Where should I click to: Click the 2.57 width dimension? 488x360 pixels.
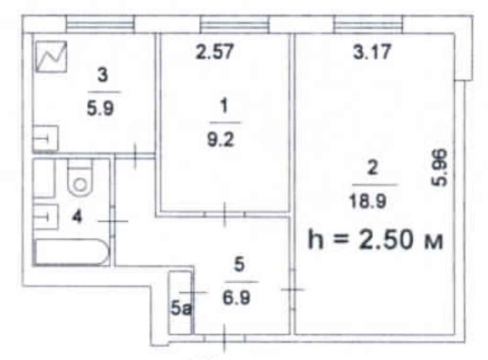pyautogui.click(x=215, y=51)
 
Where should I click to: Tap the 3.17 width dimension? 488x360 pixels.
pyautogui.click(x=372, y=51)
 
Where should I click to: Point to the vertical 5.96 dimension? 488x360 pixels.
pyautogui.click(x=440, y=168)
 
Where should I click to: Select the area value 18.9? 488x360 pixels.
pyautogui.click(x=368, y=201)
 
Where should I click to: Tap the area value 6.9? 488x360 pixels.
pyautogui.click(x=236, y=298)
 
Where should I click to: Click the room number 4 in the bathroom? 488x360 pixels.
pyautogui.click(x=76, y=217)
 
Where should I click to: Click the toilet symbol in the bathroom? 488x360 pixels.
pyautogui.click(x=80, y=178)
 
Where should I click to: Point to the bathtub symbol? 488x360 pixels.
pyautogui.click(x=72, y=252)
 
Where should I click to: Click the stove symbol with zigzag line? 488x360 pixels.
pyautogui.click(x=51, y=57)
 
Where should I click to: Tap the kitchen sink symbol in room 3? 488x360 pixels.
pyautogui.click(x=46, y=138)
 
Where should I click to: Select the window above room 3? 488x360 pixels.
pyautogui.click(x=101, y=24)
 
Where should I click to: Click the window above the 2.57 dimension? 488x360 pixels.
pyautogui.click(x=235, y=24)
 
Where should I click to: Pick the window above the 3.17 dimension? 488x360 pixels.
pyautogui.click(x=368, y=24)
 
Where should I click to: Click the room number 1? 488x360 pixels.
pyautogui.click(x=224, y=106)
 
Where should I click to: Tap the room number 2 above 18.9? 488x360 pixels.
pyautogui.click(x=372, y=168)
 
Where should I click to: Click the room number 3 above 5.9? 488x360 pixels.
pyautogui.click(x=103, y=75)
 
